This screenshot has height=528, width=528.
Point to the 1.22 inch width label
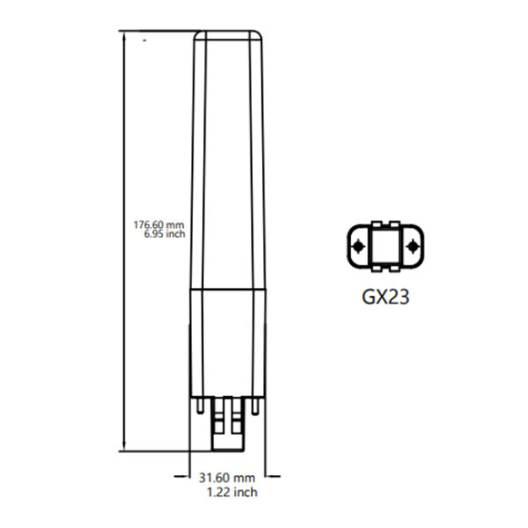point(231,492)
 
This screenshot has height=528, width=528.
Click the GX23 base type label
point(385,296)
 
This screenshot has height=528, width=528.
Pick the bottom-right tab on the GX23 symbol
point(396,270)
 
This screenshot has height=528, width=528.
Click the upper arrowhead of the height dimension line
point(123,35)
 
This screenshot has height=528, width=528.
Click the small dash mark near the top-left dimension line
point(145,39)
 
